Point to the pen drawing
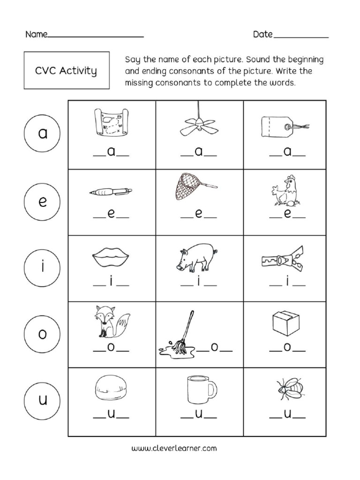point(111,192)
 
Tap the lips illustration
point(111,257)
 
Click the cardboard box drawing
point(285,321)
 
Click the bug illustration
point(288,389)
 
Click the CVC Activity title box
point(66,71)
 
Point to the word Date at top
point(262,35)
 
